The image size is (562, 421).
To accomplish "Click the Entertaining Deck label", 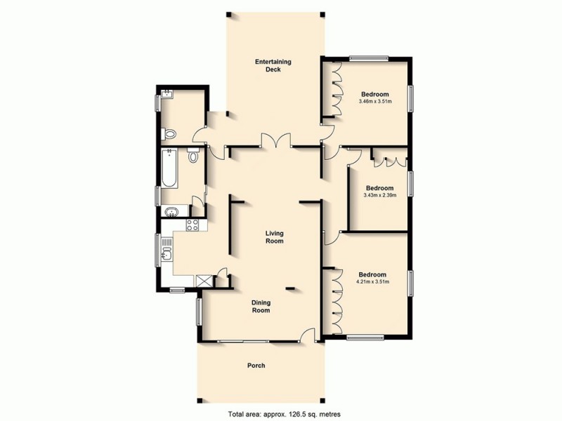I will coord(273,66).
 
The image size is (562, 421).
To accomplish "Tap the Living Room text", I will coord(274,236).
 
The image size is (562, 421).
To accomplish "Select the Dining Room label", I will coord(261,307).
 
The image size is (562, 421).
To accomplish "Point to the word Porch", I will coord(256,366).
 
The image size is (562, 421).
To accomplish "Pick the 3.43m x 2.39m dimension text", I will coord(379,195).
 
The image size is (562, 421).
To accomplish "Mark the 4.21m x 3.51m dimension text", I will coord(372,282).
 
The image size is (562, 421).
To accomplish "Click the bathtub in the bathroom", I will coord(169,169).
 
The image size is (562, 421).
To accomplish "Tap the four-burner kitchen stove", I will coord(192,225).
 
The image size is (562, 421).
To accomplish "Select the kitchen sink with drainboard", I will coord(166,250).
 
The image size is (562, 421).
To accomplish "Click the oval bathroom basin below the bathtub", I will coord(171,212).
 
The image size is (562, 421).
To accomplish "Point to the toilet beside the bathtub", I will coord(194,156).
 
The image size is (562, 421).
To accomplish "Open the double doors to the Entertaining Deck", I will coord(275,140).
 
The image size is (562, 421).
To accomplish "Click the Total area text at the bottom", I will coord(281,413).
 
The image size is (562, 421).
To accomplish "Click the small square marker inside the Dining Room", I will coord(289,287).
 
